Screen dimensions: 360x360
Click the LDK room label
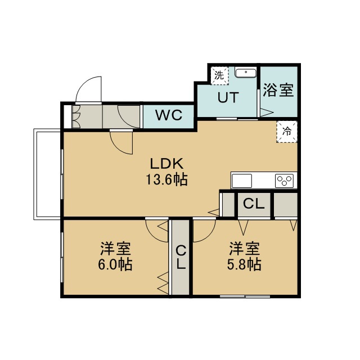(x=166, y=164)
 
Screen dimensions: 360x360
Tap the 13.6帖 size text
(x=167, y=179)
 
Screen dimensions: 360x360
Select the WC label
(x=169, y=115)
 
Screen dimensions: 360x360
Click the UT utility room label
(x=228, y=97)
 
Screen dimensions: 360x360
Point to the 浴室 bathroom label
(x=278, y=90)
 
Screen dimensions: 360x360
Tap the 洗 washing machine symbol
(x=219, y=75)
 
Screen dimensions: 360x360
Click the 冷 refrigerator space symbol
(x=287, y=132)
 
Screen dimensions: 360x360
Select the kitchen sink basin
(x=242, y=181)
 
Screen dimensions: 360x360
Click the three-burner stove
(x=284, y=181)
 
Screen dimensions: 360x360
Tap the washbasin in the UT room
(x=245, y=73)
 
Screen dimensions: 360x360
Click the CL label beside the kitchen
(x=254, y=204)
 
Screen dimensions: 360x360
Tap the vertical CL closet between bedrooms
(x=181, y=257)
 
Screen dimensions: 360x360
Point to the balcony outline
(x=34, y=174)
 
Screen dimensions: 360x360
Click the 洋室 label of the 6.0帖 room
(x=115, y=249)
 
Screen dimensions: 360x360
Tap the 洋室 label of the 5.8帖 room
(x=245, y=249)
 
